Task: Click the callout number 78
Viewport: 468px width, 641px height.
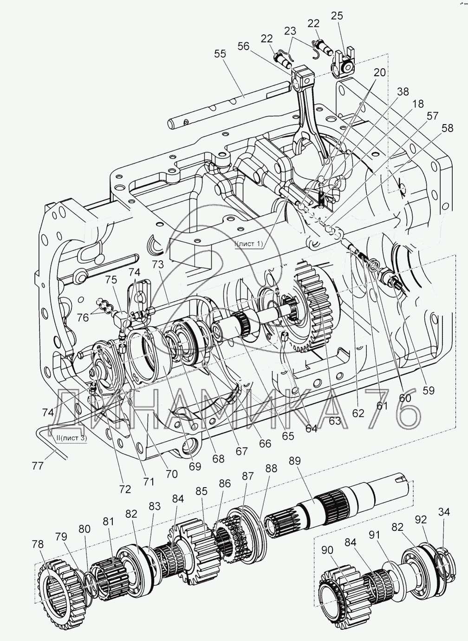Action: [x=39, y=544]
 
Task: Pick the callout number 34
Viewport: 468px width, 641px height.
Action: [x=444, y=512]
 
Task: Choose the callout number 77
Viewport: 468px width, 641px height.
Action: [x=39, y=465]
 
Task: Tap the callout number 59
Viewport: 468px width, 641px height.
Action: [x=429, y=390]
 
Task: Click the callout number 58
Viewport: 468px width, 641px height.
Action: [x=447, y=128]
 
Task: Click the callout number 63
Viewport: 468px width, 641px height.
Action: [x=335, y=421]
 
